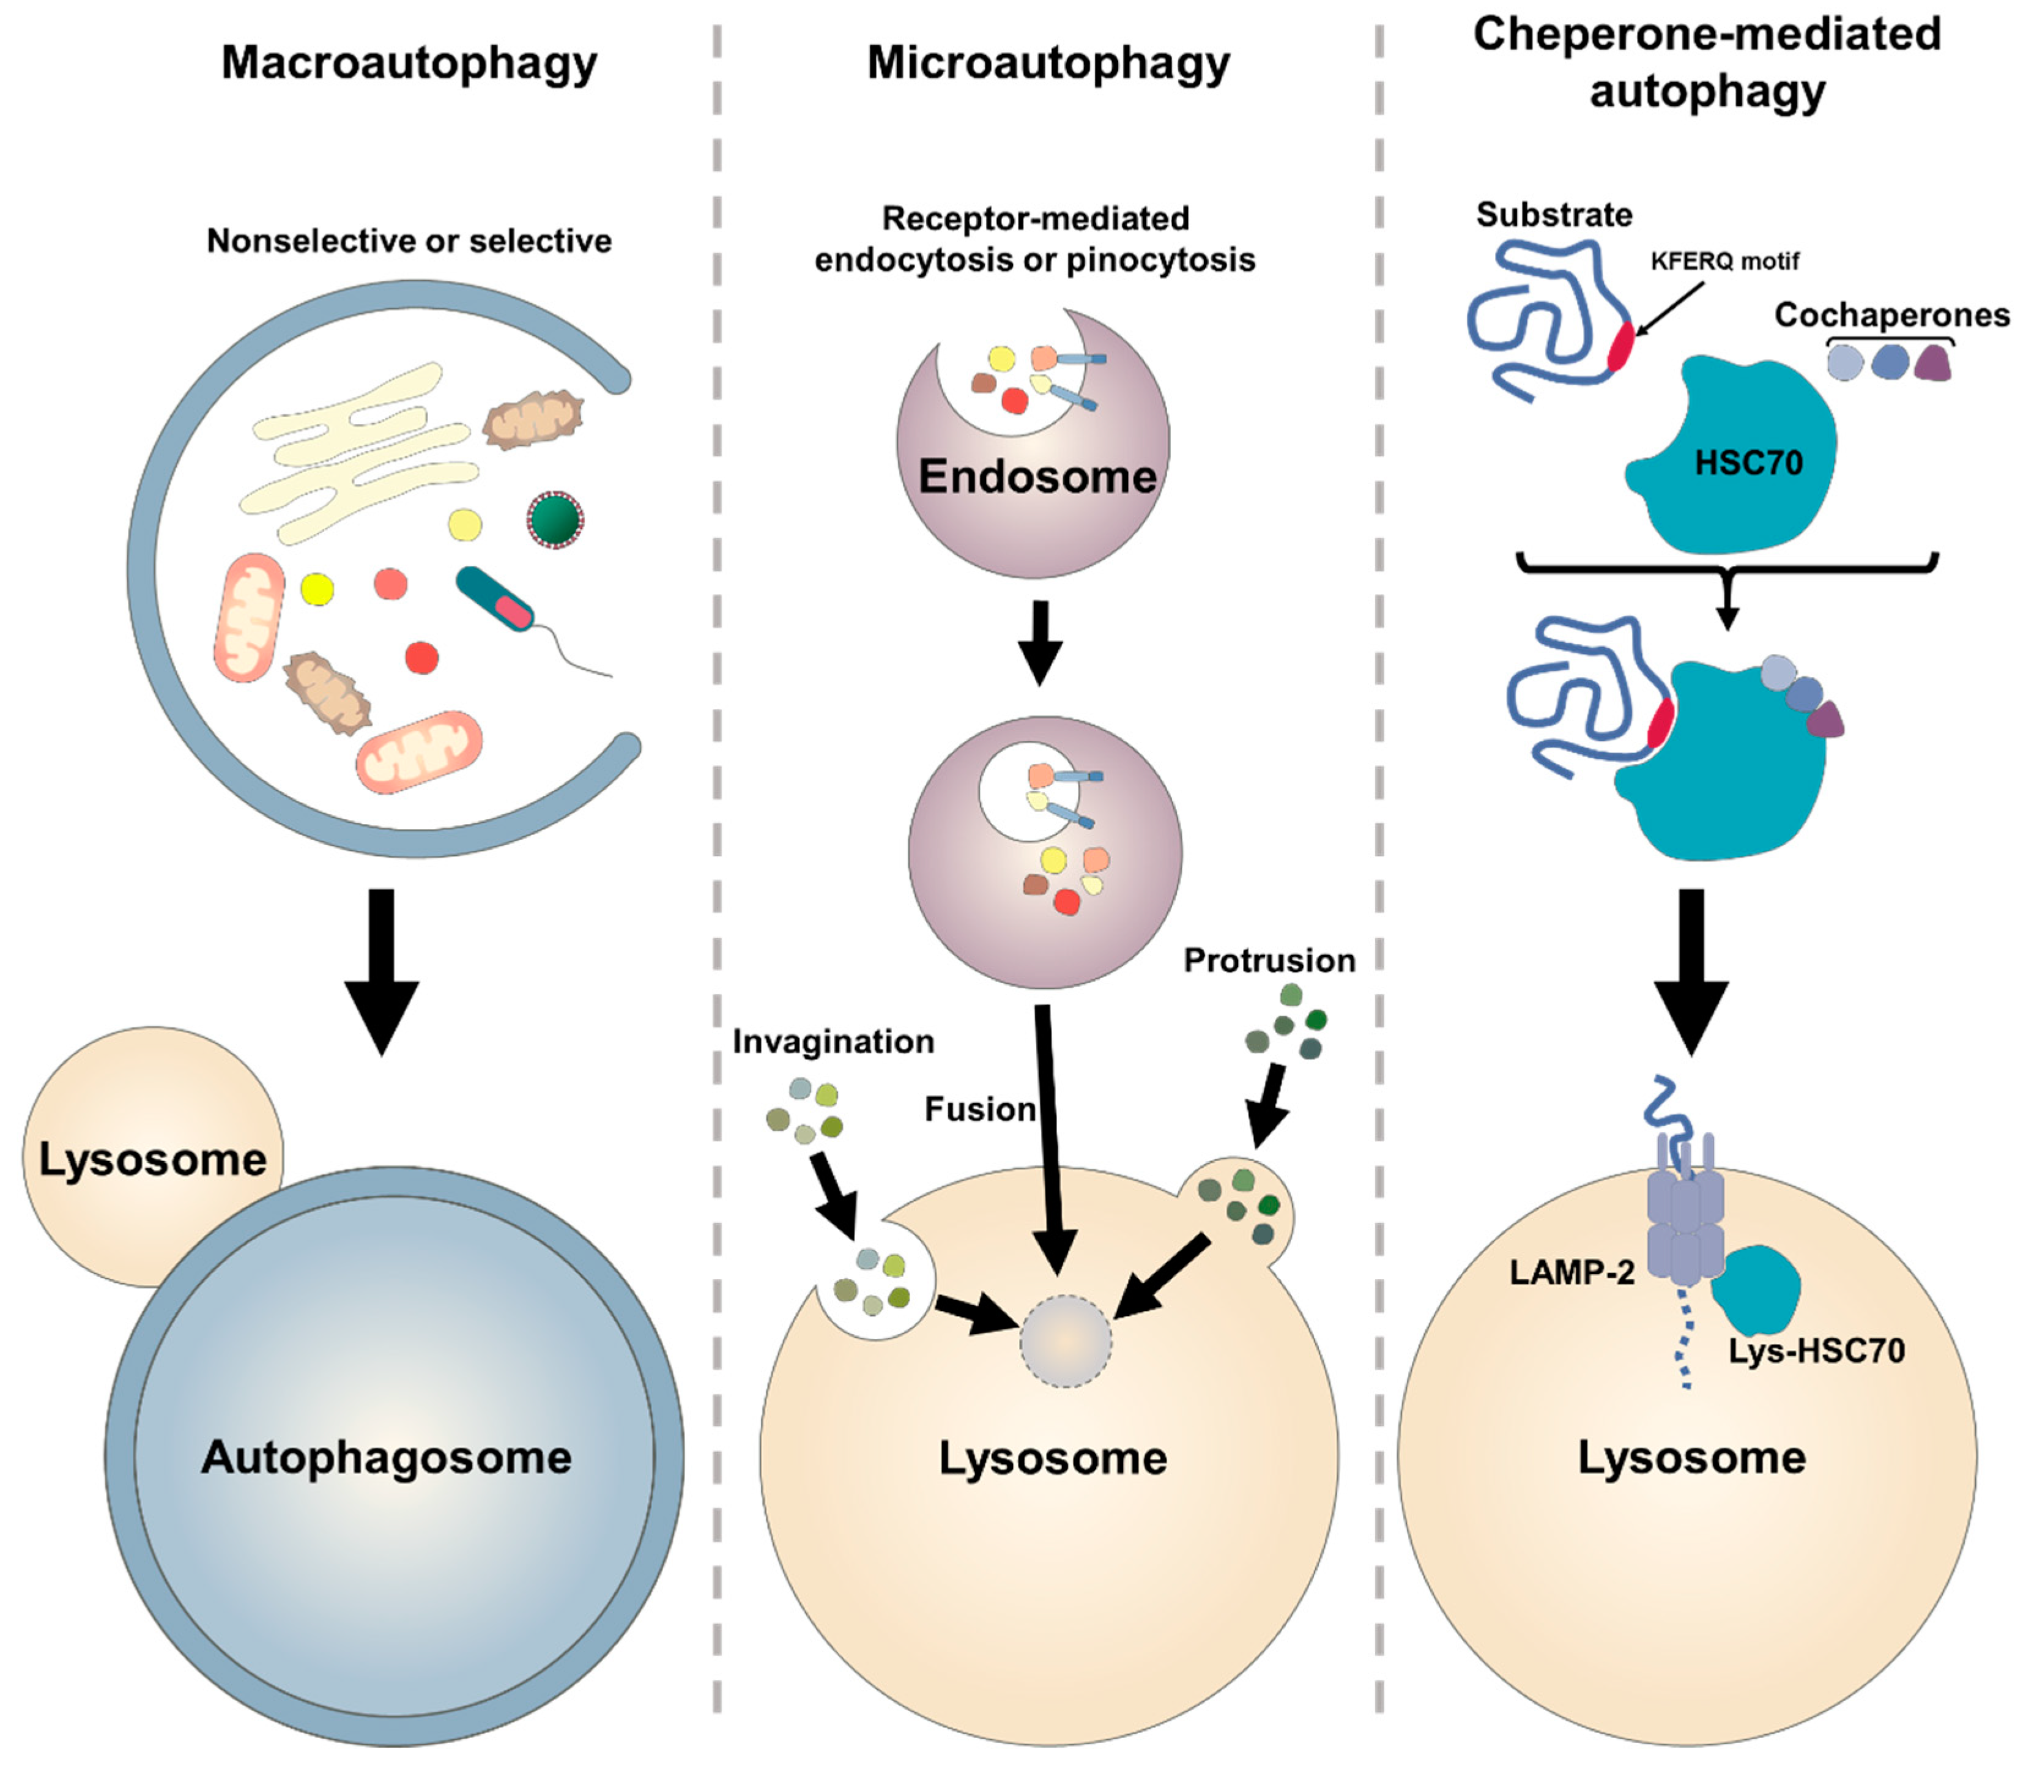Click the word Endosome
[1037, 476]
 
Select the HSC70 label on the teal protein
[1748, 462]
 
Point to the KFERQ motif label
[1724, 261]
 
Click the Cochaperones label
[1891, 315]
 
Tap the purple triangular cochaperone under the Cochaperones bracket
[1932, 363]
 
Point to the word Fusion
[979, 1110]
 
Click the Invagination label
[833, 1041]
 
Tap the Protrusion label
[1269, 960]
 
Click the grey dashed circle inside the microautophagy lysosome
[1066, 1342]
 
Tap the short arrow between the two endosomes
[1039, 642]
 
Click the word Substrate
[1554, 215]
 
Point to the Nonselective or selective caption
[409, 240]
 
